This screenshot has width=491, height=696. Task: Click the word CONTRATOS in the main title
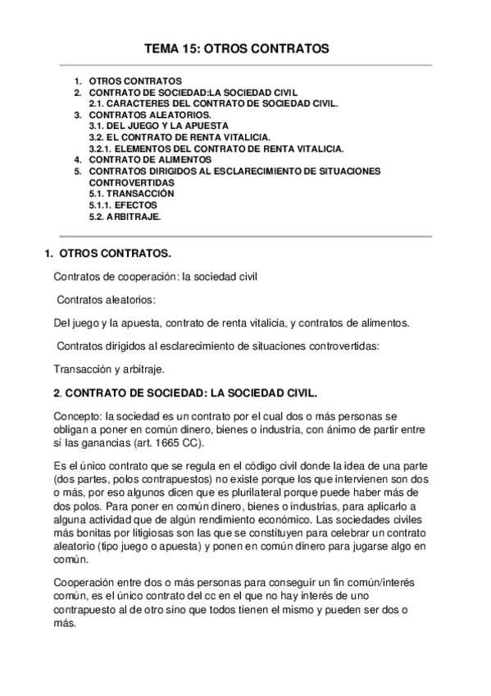pos(289,50)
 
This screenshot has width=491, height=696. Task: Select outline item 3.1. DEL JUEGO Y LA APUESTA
pos(148,126)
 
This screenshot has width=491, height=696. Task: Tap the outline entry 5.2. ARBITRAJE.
pos(125,217)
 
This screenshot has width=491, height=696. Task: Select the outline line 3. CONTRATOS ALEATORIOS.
pos(142,116)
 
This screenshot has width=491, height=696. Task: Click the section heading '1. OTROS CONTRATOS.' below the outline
pos(107,254)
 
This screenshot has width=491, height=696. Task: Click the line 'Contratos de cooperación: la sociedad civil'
pos(155,277)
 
